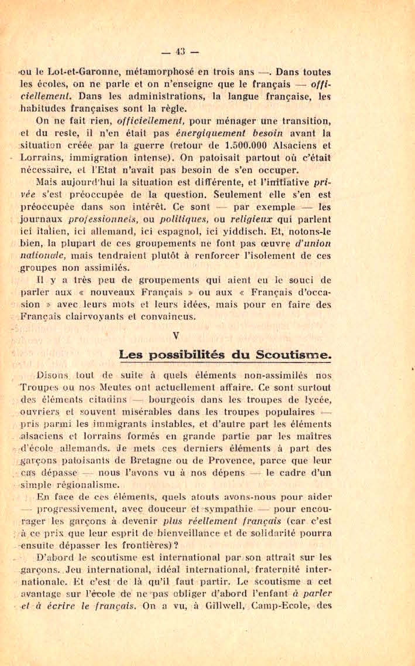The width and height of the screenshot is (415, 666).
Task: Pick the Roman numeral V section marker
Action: (x=176, y=336)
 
